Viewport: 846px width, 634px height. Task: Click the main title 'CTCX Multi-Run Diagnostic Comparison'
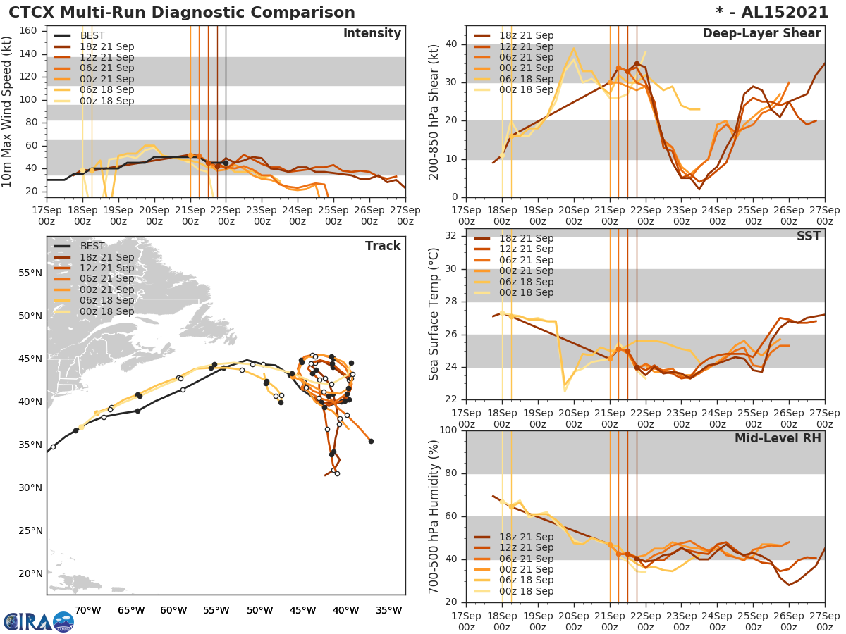pyautogui.click(x=182, y=13)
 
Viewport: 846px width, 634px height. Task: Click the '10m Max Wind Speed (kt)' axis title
pyautogui.click(x=8, y=109)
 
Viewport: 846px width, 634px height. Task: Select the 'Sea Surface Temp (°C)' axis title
pyautogui.click(x=434, y=313)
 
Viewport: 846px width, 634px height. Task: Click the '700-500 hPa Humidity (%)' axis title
pyautogui.click(x=434, y=516)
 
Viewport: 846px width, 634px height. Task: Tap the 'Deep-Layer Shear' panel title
pyautogui.click(x=761, y=34)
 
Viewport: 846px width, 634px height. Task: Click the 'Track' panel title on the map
pyautogui.click(x=383, y=246)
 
